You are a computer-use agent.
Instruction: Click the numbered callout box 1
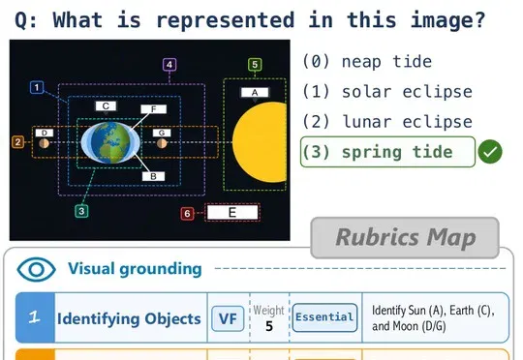pos(37,88)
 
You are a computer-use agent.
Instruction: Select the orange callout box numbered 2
pos(18,142)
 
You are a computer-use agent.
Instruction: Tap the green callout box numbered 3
pos(81,211)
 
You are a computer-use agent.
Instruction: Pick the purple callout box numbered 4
pos(169,64)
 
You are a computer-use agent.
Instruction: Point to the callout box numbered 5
pos(255,64)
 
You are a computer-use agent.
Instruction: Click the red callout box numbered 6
pos(188,213)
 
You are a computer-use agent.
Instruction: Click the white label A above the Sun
pos(255,92)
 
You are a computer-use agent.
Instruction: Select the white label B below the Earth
pos(153,176)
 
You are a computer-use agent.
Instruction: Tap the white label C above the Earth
pos(106,106)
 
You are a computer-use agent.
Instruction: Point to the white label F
pos(153,109)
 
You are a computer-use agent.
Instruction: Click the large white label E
pos(232,212)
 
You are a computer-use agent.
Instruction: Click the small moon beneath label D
pos(44,143)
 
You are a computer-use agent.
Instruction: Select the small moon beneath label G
pos(162,143)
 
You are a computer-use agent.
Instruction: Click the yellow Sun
pos(261,142)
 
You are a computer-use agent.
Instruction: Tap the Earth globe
pos(110,142)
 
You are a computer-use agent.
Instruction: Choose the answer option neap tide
pos(367,62)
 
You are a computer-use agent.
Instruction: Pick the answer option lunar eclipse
pos(387,122)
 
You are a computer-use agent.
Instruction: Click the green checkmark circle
pos(490,152)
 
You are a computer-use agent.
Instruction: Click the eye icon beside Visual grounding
pos(37,269)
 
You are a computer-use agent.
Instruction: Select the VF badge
pos(228,318)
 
